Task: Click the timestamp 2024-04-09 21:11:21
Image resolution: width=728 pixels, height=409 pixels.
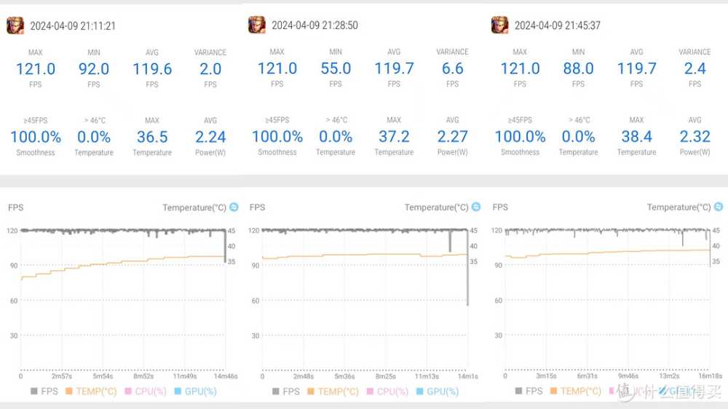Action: pyautogui.click(x=73, y=26)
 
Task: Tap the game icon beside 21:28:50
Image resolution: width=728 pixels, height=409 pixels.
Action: pyautogui.click(x=256, y=25)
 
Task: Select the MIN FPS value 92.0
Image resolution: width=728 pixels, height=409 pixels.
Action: pyautogui.click(x=94, y=69)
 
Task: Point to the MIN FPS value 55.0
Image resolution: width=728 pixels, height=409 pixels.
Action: pyautogui.click(x=336, y=68)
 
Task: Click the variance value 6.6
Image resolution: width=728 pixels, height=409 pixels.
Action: pyautogui.click(x=453, y=68)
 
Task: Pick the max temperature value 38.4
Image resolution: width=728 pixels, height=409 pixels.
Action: pyautogui.click(x=637, y=136)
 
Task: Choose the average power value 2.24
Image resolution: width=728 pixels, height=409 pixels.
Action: pyautogui.click(x=210, y=137)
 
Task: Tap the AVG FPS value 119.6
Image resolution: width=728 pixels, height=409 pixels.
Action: pyautogui.click(x=152, y=69)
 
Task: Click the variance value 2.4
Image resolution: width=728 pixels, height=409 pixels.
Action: pyautogui.click(x=695, y=68)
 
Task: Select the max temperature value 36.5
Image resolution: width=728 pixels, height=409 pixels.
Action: pyautogui.click(x=152, y=137)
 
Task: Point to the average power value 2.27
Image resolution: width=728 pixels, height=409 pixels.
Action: pyautogui.click(x=453, y=136)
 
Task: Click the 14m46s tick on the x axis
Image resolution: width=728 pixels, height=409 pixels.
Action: pyautogui.click(x=225, y=376)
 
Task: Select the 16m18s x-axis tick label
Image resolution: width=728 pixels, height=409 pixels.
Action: pyautogui.click(x=711, y=376)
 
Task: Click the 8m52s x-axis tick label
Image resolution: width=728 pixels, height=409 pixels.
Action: pyautogui.click(x=143, y=376)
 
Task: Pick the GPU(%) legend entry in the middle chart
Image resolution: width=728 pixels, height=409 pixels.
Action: pyautogui.click(x=442, y=392)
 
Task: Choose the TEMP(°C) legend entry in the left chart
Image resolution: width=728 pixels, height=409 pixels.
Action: pyautogui.click(x=91, y=392)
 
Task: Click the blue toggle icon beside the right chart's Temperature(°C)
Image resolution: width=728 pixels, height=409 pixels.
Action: pyautogui.click(x=719, y=207)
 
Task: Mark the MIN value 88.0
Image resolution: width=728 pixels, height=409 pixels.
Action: pyautogui.click(x=578, y=68)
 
